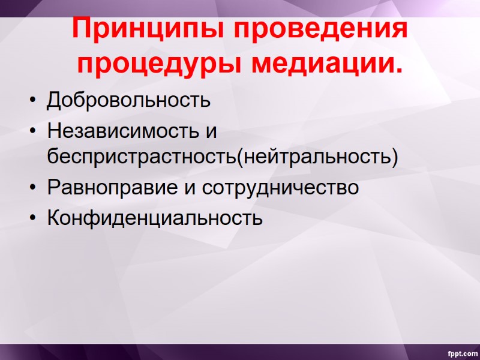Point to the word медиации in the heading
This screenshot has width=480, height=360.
(319, 64)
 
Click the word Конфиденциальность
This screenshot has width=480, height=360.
(155, 217)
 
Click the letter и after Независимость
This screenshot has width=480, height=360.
(211, 130)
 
